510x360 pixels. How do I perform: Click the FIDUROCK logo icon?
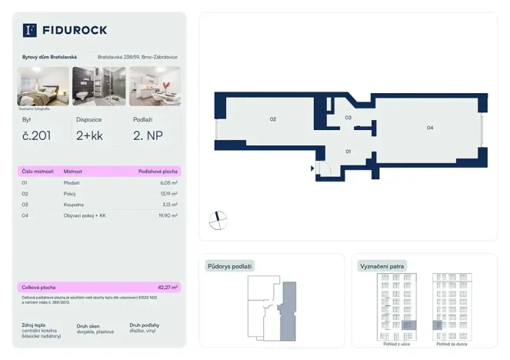click(x=30, y=30)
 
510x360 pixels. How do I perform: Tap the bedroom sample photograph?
click(x=43, y=85)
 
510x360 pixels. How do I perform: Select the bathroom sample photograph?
click(x=98, y=85)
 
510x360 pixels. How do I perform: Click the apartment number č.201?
click(x=37, y=135)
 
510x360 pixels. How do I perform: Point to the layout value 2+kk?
click(x=89, y=135)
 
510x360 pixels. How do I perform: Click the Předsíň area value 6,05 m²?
click(x=168, y=183)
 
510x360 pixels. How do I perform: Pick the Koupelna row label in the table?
click(x=73, y=205)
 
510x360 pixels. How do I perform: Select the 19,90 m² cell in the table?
click(x=168, y=215)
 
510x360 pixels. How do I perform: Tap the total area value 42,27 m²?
click(x=168, y=287)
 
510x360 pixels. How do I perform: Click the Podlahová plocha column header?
click(x=158, y=171)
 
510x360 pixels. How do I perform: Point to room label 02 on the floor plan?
click(x=272, y=119)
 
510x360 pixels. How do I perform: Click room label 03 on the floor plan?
click(x=348, y=118)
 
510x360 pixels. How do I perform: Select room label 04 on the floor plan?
click(x=430, y=128)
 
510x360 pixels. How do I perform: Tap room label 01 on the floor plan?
click(x=348, y=152)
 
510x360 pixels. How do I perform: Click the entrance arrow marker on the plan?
click(x=312, y=168)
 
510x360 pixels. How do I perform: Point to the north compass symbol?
click(x=218, y=220)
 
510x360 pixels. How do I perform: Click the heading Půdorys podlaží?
click(x=230, y=266)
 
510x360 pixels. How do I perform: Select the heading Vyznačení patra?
click(x=382, y=266)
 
